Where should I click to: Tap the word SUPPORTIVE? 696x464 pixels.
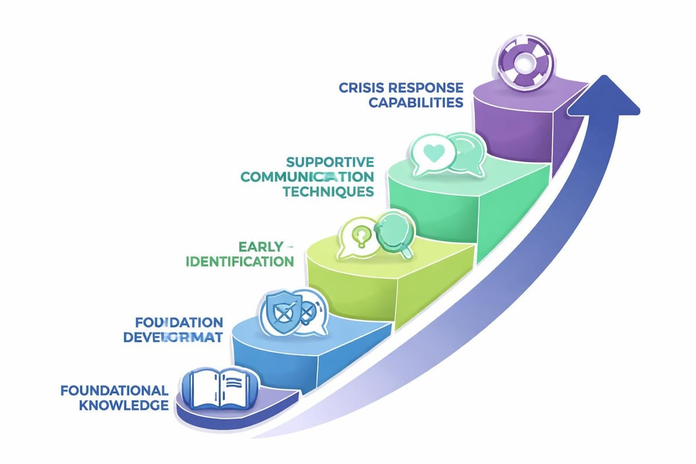[x=330, y=161]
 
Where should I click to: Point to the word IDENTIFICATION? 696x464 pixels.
[x=240, y=262]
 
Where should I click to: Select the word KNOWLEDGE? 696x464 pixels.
[x=123, y=405]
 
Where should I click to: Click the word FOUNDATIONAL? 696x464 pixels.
[x=114, y=390]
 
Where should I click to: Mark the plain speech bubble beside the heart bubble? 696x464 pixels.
[x=464, y=154]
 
